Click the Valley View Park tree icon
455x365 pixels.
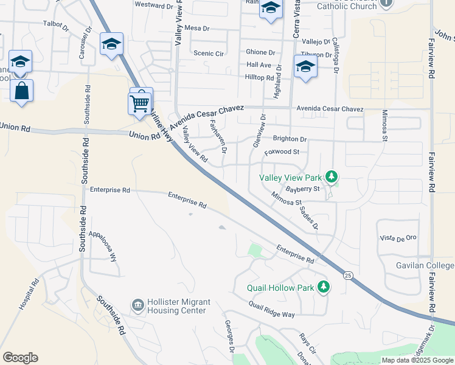(332, 178)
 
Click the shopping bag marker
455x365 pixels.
(21, 91)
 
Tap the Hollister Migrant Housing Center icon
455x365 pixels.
(138, 304)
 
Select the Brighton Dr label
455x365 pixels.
(290, 139)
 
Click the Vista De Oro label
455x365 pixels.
(398, 238)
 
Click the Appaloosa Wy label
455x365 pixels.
(103, 246)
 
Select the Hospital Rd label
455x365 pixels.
(29, 294)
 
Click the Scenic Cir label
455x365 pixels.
(208, 54)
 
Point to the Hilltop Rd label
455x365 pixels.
(259, 78)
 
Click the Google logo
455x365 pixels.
(20, 357)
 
